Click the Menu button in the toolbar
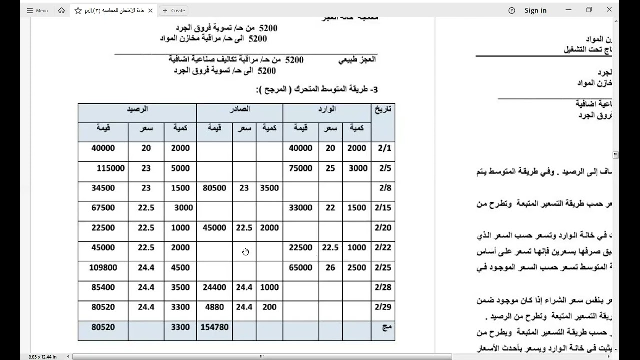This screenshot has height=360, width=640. (x=37, y=10)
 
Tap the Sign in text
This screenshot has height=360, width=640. (x=535, y=10)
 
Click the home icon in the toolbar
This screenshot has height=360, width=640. (x=61, y=10)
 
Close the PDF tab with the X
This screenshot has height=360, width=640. (x=150, y=10)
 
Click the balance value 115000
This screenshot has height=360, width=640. (x=111, y=168)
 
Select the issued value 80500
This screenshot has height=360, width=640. (x=214, y=188)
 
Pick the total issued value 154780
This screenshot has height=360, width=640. (x=214, y=327)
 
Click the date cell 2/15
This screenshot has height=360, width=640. (x=383, y=208)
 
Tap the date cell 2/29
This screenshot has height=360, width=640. (x=383, y=307)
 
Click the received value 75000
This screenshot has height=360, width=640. (x=301, y=168)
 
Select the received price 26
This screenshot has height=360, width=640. (x=330, y=268)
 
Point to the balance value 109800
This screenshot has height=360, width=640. (x=103, y=268)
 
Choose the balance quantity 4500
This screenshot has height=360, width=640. (x=180, y=268)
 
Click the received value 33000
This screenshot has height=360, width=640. (x=301, y=208)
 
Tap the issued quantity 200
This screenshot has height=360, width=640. (x=269, y=307)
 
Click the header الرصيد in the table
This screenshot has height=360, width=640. (x=137, y=109)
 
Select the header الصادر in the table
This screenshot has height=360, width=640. (x=240, y=109)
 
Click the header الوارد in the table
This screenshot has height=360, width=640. (x=327, y=109)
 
